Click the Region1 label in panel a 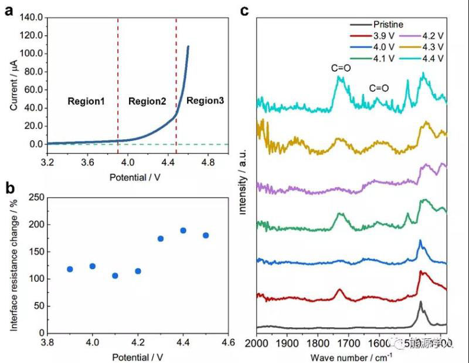coord(86,101)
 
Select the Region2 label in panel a coord(147,101)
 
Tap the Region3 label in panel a coord(205,101)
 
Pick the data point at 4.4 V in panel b coord(183,230)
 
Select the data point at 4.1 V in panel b coord(115,275)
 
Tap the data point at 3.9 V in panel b coord(70,269)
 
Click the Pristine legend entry coord(388,25)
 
